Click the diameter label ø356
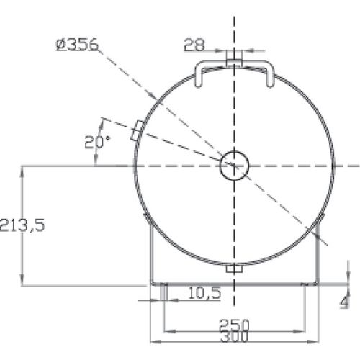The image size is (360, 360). (x=77, y=45)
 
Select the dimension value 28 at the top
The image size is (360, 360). (x=193, y=44)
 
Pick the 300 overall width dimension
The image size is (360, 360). (x=232, y=336)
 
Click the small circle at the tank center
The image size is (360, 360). (x=234, y=165)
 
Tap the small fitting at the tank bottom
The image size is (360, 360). (x=234, y=269)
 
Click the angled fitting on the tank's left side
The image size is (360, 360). (x=135, y=131)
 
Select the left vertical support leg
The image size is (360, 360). (x=150, y=252)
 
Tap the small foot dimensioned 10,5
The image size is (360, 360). (x=164, y=292)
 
